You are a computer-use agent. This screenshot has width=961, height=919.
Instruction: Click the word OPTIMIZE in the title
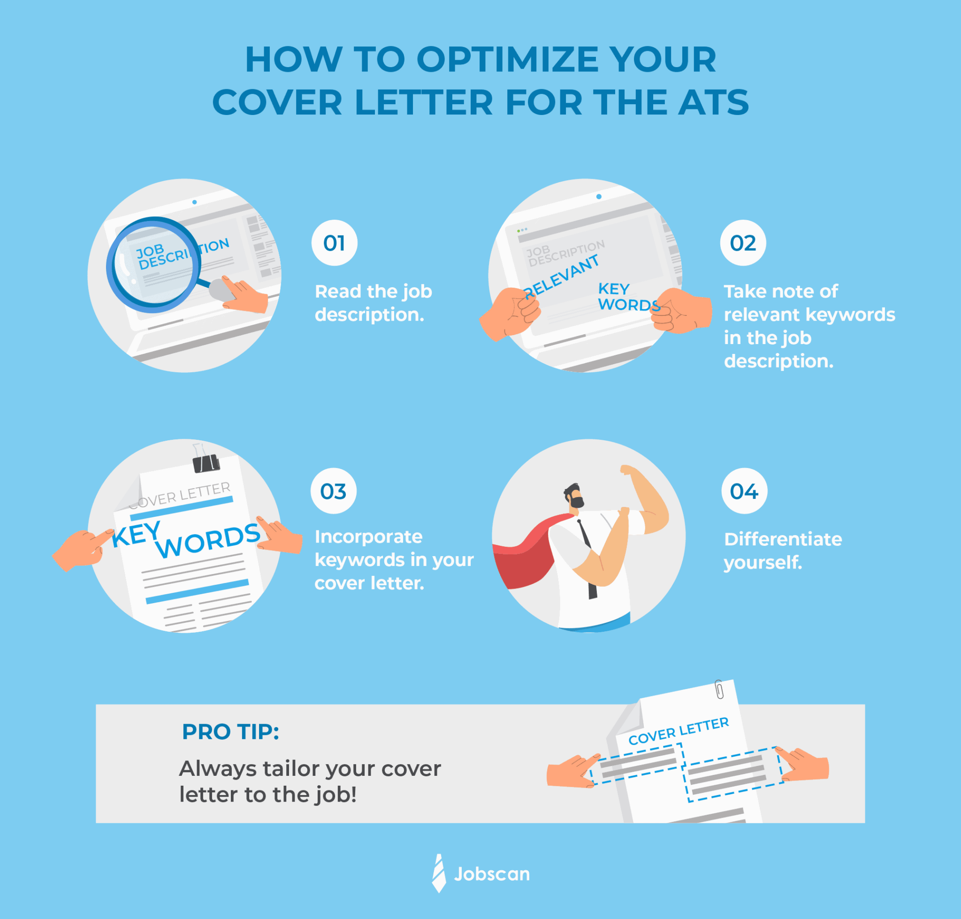coord(507,60)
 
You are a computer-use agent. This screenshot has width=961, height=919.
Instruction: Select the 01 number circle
coord(334,243)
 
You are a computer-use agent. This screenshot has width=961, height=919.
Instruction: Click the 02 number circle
coord(742,243)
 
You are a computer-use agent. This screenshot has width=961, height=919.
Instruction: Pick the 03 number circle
coord(333,491)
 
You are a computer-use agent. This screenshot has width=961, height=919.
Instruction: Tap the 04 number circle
coord(744,491)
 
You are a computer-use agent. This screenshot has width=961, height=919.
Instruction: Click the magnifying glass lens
coord(153,265)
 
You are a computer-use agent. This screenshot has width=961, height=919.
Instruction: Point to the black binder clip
coord(206,463)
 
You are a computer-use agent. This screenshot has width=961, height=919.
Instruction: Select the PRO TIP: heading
coord(230,732)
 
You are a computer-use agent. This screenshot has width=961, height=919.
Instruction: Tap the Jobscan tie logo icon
coord(439,873)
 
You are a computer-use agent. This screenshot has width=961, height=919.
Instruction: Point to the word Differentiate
coord(783,539)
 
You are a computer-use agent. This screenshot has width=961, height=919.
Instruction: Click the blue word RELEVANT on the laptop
coord(561,277)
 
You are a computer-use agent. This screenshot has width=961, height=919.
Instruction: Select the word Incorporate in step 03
coord(368,537)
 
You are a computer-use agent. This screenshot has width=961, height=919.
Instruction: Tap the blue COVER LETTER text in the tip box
coord(679,731)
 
